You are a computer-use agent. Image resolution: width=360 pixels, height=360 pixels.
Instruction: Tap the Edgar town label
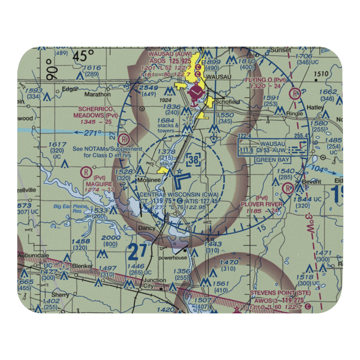pos(70,89)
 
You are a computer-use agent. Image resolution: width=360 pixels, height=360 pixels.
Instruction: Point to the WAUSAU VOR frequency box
pos(273,148)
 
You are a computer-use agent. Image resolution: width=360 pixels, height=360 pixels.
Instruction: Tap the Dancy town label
pos(147,228)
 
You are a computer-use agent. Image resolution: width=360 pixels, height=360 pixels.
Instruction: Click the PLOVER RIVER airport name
pos(261,204)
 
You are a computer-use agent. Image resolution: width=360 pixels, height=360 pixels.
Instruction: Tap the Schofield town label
pos(227,102)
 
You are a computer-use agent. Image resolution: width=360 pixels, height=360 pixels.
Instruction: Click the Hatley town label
pos(315,107)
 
